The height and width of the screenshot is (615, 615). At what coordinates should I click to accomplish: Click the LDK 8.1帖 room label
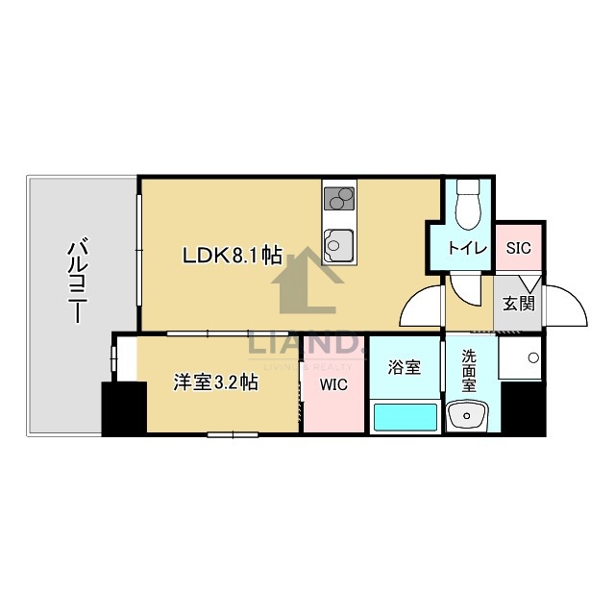pos(233,256)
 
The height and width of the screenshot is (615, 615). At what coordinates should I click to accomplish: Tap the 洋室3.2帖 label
pos(214,381)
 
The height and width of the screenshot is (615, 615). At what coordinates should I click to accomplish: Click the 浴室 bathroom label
pos(404,366)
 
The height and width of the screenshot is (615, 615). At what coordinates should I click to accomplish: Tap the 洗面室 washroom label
pos(469,370)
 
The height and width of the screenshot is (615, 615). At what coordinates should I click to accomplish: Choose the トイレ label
pos(468,248)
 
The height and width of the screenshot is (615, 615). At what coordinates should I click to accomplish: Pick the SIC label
pos(518,247)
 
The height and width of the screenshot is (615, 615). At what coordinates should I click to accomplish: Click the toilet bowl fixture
pos(469,203)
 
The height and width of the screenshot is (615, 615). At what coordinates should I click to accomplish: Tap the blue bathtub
pos(404,418)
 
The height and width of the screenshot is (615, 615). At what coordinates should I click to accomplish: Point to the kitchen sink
pos(339,244)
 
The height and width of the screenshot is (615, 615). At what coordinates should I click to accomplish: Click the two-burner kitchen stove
pos(339,199)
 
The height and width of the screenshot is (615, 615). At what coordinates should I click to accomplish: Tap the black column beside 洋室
pos(123,409)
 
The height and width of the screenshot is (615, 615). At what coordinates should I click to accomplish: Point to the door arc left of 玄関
pos(423,307)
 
